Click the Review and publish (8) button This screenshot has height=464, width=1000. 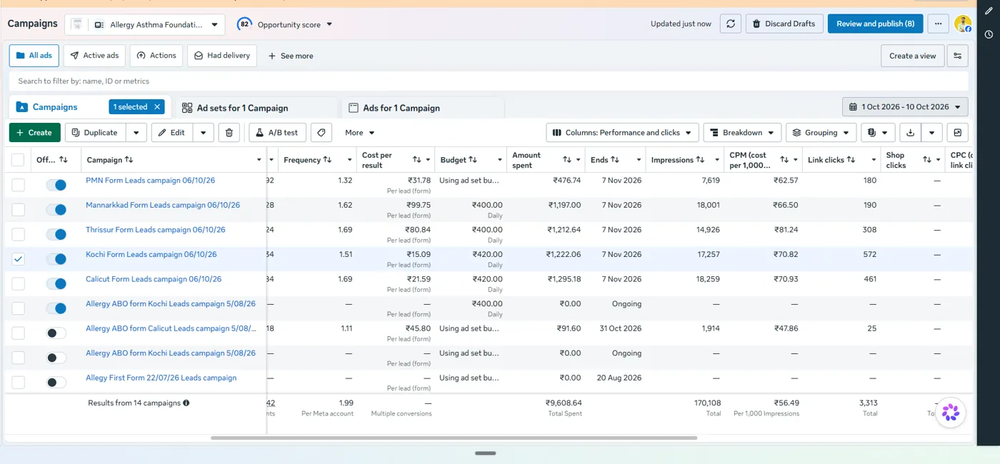(x=875, y=24)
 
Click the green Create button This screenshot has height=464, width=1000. (x=35, y=133)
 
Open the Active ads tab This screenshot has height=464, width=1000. (x=94, y=56)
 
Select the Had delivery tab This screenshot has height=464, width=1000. (x=222, y=56)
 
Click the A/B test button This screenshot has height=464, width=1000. (x=277, y=133)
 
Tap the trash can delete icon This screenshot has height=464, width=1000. (x=229, y=133)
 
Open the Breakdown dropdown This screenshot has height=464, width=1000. (x=742, y=133)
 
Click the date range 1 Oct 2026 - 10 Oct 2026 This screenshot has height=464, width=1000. (x=905, y=106)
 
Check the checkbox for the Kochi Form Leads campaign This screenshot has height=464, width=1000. (x=19, y=258)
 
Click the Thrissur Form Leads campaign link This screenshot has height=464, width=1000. (x=156, y=230)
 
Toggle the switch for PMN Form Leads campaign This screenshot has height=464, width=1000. (x=56, y=185)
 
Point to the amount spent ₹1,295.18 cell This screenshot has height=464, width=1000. (x=564, y=279)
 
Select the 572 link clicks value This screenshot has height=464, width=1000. (x=870, y=254)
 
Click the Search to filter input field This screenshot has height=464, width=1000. (x=489, y=81)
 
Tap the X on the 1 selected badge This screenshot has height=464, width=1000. (x=157, y=106)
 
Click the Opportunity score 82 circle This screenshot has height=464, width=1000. (x=244, y=24)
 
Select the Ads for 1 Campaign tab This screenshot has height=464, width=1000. (x=401, y=108)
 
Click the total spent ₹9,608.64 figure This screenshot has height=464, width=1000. (x=564, y=403)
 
